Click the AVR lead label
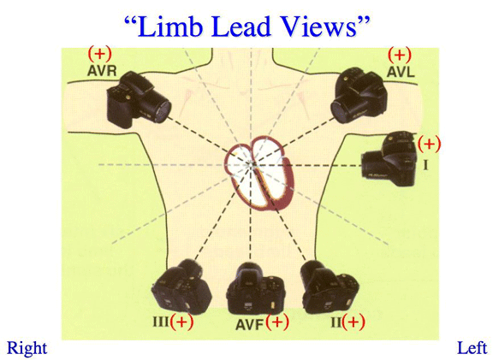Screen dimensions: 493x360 [102, 71]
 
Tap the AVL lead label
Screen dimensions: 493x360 [401, 72]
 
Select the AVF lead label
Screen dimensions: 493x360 [249, 325]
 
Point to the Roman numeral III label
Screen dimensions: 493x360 [161, 322]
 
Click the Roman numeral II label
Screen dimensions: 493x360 [336, 322]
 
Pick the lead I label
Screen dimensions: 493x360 [425, 164]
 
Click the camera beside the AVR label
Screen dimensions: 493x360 [139, 100]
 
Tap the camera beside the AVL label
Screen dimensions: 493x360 [360, 95]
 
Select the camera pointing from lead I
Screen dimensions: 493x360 [389, 160]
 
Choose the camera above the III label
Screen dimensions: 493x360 [181, 287]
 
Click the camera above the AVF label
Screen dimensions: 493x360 [256, 288]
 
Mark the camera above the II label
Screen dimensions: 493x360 [330, 287]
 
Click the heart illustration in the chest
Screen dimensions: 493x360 [259, 174]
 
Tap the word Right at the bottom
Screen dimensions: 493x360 [27, 348]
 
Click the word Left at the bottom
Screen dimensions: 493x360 [472, 348]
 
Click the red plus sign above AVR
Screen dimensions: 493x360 [99, 54]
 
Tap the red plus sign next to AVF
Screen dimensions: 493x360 [277, 322]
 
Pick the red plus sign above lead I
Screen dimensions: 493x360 [429, 144]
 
